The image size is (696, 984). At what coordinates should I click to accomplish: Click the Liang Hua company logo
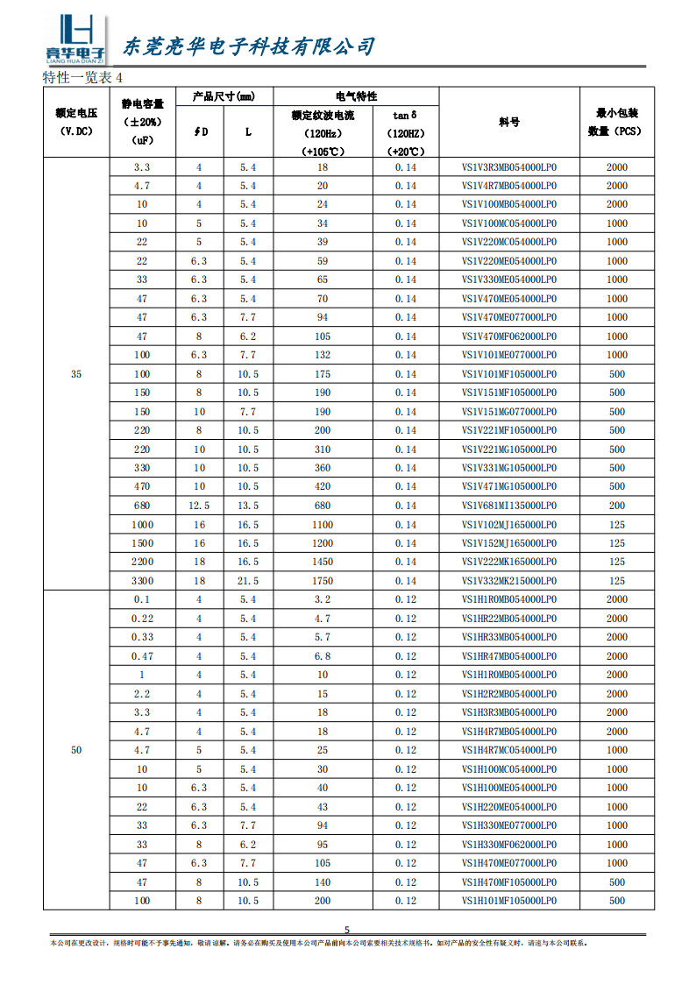tap(75, 40)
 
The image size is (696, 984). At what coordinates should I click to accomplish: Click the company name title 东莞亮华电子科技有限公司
tap(248, 46)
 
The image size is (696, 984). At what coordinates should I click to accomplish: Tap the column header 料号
tap(509, 123)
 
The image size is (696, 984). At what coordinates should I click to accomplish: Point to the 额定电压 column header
tap(76, 123)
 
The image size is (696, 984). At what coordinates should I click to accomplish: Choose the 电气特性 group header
tap(356, 96)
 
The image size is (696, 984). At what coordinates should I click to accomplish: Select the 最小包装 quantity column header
tap(617, 123)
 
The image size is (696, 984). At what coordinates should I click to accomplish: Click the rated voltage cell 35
tap(76, 374)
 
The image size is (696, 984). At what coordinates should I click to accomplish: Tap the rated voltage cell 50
tap(76, 750)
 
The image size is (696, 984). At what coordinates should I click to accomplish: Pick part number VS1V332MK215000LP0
tap(509, 581)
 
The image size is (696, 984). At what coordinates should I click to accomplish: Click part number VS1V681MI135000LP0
tap(509, 506)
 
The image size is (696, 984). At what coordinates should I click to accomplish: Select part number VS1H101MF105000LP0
tap(509, 901)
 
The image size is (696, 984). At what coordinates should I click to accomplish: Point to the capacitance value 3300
tap(142, 581)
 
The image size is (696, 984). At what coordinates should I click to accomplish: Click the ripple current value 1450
tap(323, 562)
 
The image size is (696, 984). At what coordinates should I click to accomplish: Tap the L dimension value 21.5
tap(248, 581)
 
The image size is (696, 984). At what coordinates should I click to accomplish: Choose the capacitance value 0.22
tap(142, 619)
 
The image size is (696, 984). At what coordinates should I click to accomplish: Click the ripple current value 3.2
tap(323, 599)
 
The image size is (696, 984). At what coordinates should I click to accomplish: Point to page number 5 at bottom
tap(346, 931)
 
